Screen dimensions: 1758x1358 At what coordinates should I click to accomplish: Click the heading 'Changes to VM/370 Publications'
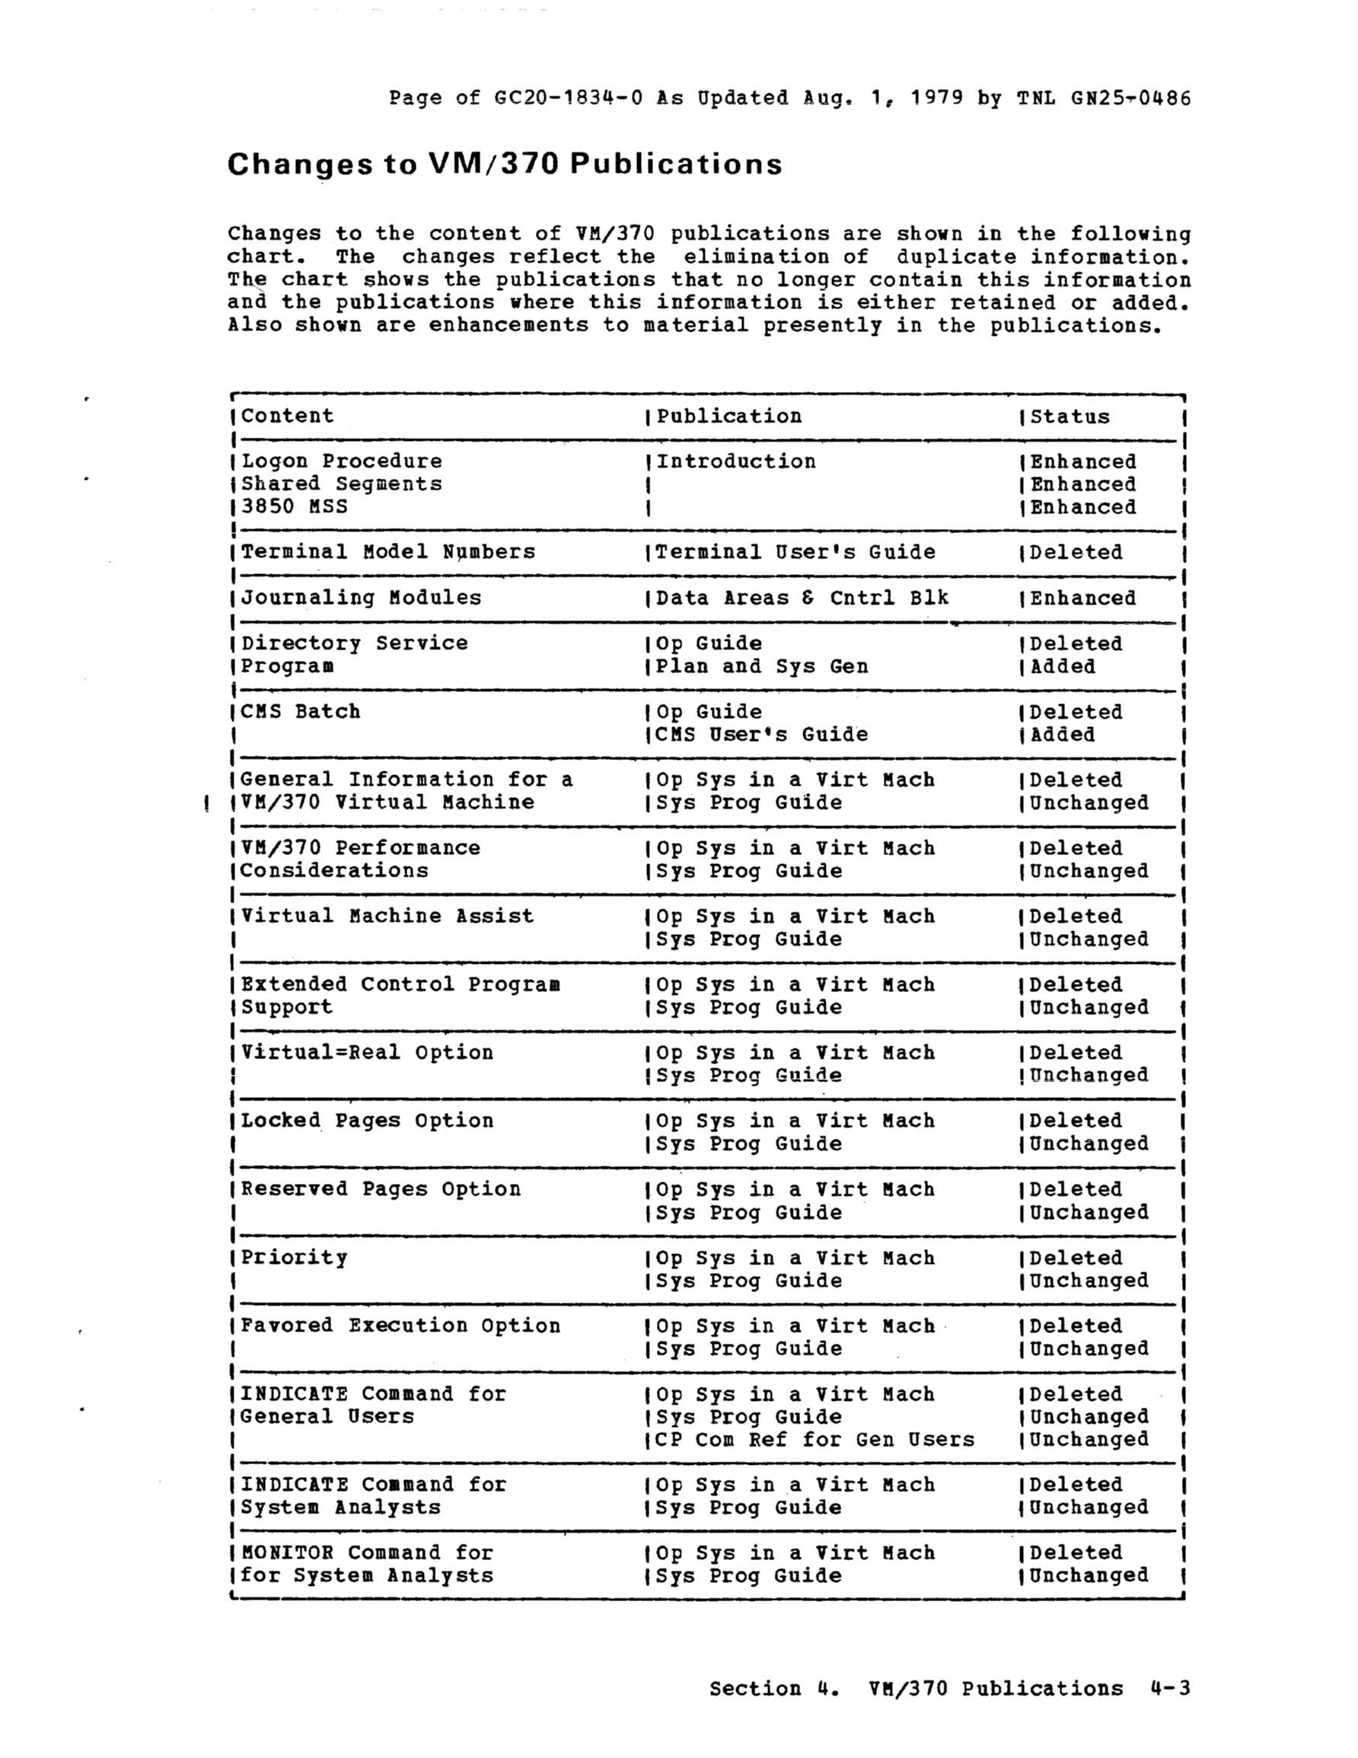(x=504, y=164)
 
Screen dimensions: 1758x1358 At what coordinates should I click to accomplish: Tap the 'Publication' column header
(x=728, y=416)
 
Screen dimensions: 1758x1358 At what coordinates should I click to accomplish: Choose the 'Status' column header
(x=1069, y=417)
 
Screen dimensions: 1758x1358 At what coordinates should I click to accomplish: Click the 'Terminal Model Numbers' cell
(x=388, y=552)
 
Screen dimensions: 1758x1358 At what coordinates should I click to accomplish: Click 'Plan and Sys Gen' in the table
(x=761, y=666)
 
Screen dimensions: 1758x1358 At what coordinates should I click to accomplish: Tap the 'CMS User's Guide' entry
(x=761, y=735)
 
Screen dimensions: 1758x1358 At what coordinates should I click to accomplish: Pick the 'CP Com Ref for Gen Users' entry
(x=814, y=1439)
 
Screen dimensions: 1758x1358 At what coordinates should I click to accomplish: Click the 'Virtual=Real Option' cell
(x=367, y=1053)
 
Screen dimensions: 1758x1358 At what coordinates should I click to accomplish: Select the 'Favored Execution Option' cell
(x=400, y=1326)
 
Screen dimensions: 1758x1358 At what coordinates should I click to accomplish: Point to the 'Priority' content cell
(x=294, y=1257)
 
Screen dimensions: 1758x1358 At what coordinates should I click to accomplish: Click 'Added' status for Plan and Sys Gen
(x=1063, y=666)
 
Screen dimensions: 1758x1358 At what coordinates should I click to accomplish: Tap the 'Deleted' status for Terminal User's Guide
(x=1076, y=552)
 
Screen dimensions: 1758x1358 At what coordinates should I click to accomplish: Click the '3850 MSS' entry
(x=294, y=506)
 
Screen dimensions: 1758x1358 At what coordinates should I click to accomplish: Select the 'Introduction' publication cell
(x=736, y=461)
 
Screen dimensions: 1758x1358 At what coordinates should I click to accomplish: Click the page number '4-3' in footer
(x=1170, y=1687)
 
